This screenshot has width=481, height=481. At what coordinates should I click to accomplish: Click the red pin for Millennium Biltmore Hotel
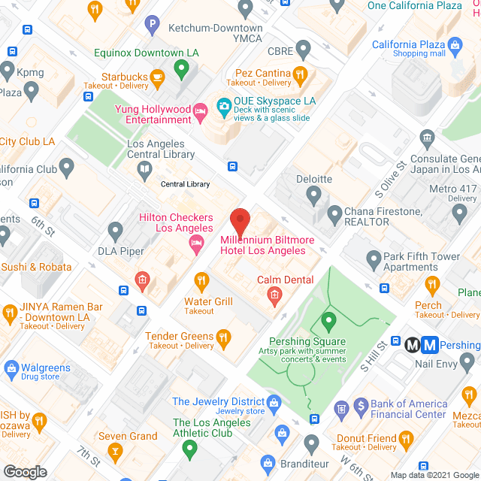click(240, 222)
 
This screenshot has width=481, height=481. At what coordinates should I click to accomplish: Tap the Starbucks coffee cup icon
click(158, 77)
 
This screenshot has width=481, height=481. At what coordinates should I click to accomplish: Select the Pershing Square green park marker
click(328, 322)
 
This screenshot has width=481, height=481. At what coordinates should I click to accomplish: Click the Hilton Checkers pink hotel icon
click(196, 241)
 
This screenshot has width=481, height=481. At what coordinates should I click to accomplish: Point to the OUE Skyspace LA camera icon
click(224, 107)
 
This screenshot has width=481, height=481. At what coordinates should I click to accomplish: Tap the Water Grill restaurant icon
click(201, 282)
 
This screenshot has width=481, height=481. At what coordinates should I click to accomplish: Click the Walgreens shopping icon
click(11, 368)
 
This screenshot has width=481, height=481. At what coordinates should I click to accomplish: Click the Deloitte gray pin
click(313, 196)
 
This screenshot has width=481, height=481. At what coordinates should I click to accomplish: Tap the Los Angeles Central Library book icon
click(144, 169)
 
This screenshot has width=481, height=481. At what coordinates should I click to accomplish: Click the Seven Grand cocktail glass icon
click(116, 451)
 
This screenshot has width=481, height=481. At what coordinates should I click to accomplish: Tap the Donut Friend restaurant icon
click(407, 438)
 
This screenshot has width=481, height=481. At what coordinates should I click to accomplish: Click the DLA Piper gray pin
click(115, 230)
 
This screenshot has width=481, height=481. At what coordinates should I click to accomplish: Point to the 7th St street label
click(89, 455)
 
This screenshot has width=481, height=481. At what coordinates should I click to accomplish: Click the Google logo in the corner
click(26, 471)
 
